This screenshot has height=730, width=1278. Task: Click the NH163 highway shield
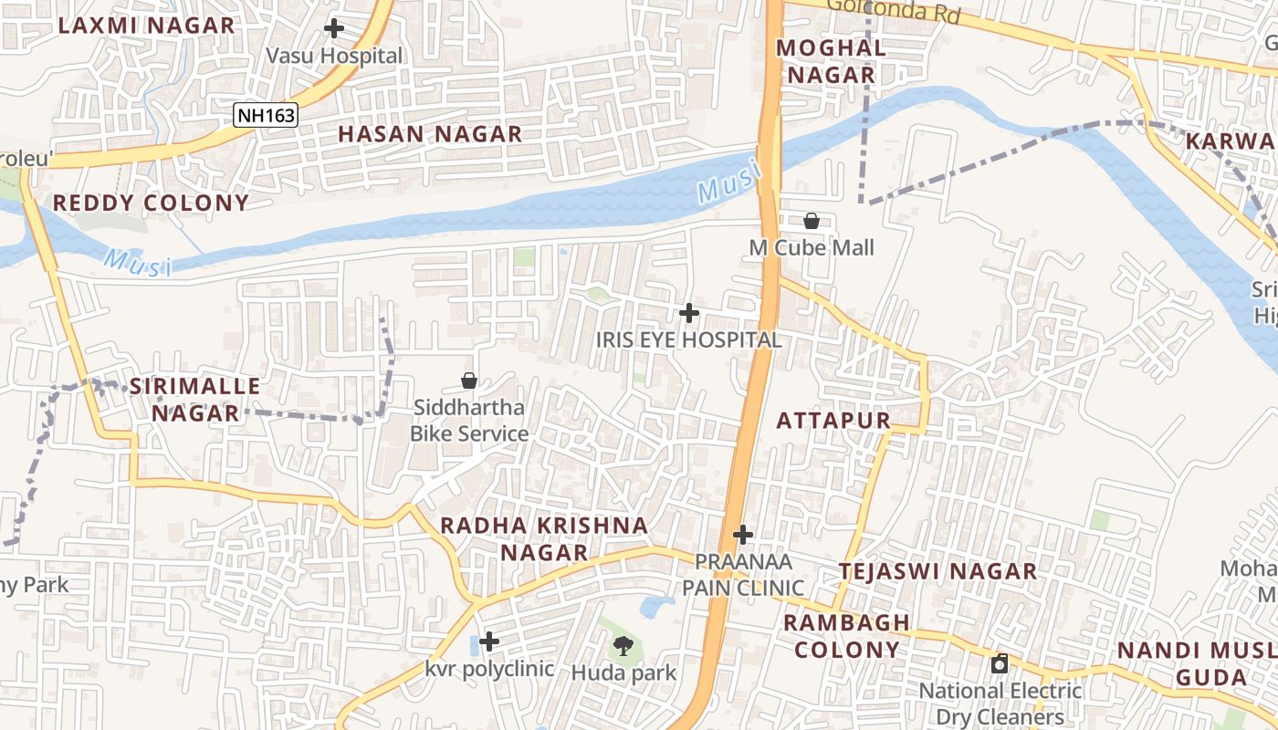coord(266,114)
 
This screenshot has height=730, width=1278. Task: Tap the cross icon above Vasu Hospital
coord(334,28)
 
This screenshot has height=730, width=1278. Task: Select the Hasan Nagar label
coord(430,134)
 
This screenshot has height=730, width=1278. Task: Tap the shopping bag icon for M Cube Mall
coord(811,221)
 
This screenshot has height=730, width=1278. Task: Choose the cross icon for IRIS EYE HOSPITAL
coord(689,314)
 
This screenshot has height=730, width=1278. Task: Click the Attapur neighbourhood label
coord(833,421)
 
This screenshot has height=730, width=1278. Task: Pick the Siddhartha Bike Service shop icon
coord(469,381)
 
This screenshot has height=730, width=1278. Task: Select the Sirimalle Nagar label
coord(194,400)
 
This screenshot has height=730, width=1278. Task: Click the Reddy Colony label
coord(151,203)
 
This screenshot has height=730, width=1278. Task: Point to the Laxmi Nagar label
coord(146,25)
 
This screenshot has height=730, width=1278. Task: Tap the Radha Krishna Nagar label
coord(544,538)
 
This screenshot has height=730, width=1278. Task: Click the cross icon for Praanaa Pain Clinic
coord(743,535)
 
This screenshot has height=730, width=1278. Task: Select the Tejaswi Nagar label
coord(938,572)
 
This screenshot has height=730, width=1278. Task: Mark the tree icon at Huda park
coord(623,646)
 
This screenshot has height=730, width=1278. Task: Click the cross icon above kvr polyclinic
coord(489,641)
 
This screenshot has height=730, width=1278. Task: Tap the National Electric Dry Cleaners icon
coord(1000,663)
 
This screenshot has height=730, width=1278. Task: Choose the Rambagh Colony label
coord(846,636)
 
